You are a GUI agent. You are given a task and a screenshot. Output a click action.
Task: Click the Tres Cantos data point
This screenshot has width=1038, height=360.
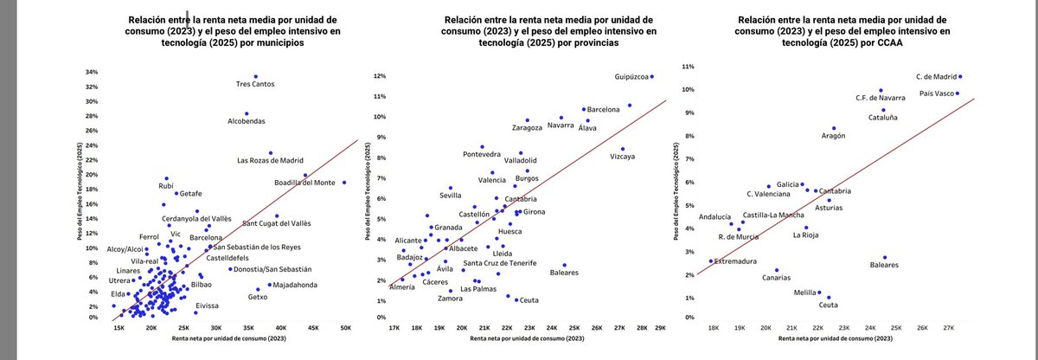tap(255, 76)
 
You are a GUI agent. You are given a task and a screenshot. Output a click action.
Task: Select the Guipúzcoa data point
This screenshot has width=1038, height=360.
tap(651, 76)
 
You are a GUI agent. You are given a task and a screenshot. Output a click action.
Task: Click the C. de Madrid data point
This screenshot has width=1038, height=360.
tap(960, 76)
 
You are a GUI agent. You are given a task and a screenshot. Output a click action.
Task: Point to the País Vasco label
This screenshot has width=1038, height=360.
tap(937, 93)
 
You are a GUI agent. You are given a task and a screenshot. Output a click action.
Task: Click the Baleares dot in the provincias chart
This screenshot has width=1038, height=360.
tap(564, 266)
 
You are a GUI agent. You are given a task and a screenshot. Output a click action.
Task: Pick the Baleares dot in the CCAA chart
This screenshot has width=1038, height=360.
tap(885, 258)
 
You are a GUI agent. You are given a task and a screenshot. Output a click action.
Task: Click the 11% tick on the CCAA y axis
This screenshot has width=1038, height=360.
tap(689, 67)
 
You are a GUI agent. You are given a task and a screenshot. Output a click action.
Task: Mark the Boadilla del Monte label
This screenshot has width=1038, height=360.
tap(305, 182)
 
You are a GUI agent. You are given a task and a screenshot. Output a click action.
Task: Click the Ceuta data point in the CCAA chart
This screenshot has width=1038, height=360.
tap(828, 297)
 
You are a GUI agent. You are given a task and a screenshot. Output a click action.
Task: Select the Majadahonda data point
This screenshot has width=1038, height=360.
tap(269, 285)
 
